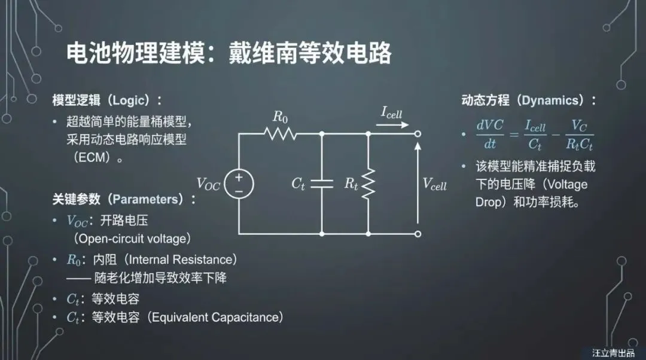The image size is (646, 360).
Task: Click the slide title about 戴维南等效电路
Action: point(228,54)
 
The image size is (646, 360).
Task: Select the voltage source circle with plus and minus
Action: point(239,184)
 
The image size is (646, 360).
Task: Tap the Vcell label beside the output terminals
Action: point(435,184)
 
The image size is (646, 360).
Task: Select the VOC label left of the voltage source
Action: point(208,184)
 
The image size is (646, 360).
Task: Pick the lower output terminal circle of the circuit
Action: point(418,234)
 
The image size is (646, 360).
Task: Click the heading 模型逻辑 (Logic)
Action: point(107,100)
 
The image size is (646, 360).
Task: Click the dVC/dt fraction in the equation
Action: point(490,135)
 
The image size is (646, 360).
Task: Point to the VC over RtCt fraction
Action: point(578,135)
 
